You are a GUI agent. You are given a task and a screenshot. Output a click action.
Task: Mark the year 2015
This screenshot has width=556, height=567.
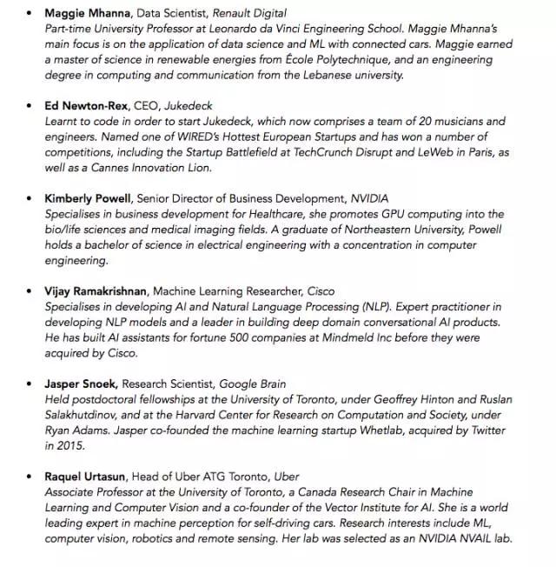74,446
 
